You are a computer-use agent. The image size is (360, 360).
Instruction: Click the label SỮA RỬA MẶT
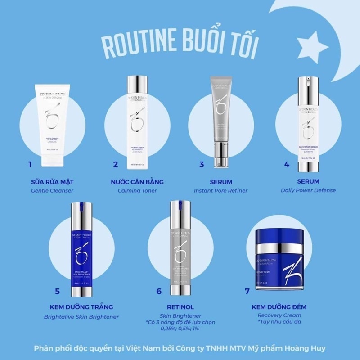[x=52, y=182]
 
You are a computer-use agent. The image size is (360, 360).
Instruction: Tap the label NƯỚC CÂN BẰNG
[x=137, y=182]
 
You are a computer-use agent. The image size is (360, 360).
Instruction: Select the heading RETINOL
[x=180, y=307]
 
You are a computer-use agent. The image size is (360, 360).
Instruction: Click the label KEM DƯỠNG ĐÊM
[x=279, y=307]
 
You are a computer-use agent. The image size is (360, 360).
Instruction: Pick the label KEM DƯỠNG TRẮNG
[x=81, y=307]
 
